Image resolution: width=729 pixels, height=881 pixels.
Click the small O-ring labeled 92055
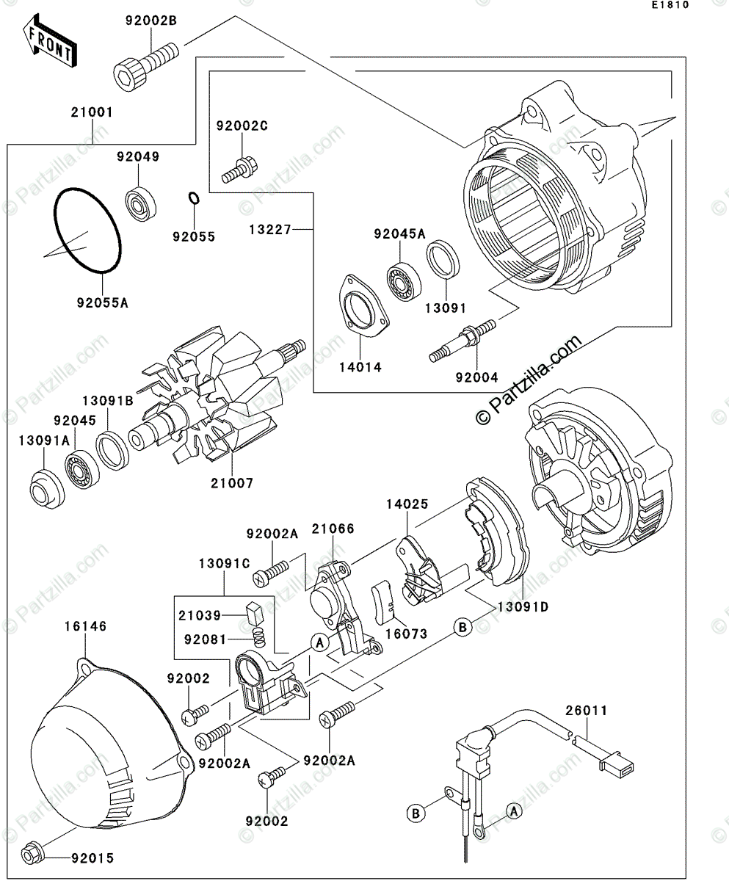coord(194,199)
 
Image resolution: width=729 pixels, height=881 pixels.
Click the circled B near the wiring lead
coord(416,813)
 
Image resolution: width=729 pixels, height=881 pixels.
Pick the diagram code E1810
coord(669,6)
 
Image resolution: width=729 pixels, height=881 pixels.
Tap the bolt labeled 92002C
coord(241,168)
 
